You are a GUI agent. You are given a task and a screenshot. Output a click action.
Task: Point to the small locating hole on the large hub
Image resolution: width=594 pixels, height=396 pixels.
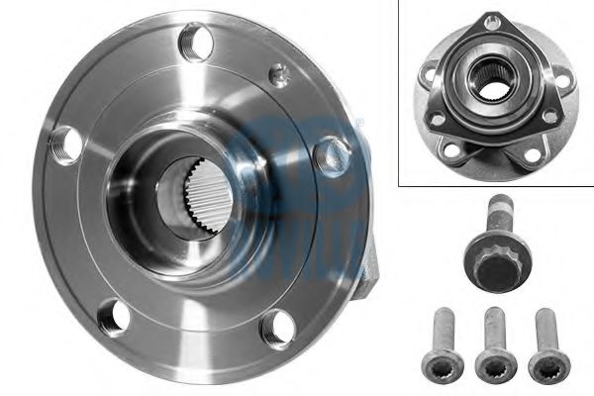click(281, 72)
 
